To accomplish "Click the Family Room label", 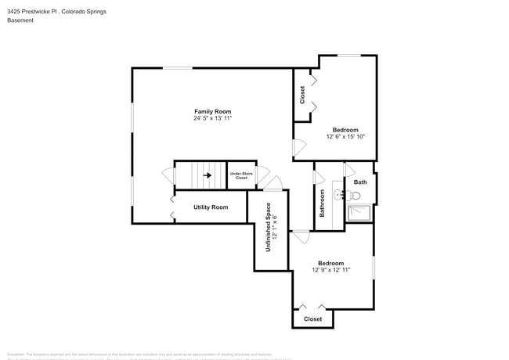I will tap(212, 111).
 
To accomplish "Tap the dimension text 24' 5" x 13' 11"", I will tap(212, 118).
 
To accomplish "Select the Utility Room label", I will tap(211, 207).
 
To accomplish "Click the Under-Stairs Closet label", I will tap(241, 175).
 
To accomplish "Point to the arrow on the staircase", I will tap(208, 175).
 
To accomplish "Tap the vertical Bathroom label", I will tap(322, 203).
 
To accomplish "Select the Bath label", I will tap(359, 182).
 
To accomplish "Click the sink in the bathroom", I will tap(338, 194).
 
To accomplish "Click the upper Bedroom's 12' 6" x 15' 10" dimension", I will tap(345, 136).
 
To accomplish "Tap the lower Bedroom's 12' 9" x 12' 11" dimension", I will tap(330, 270).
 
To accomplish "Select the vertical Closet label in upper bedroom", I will tap(302, 95).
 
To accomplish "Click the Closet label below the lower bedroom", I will tap(312, 319).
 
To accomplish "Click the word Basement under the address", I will tap(20, 20).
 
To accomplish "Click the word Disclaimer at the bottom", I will tap(16, 355).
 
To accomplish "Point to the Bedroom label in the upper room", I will tap(345, 129).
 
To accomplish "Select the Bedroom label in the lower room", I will tap(330, 263).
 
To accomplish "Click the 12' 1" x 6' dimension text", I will tap(276, 228).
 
